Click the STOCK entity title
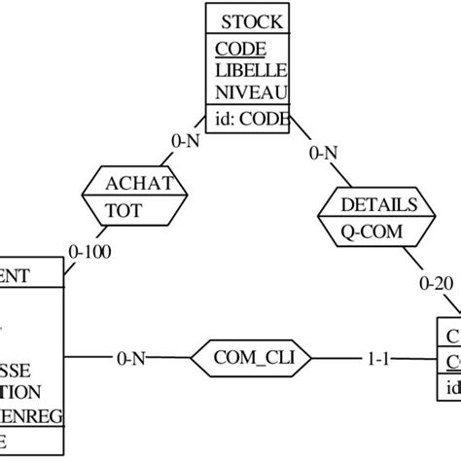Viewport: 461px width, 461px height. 251,21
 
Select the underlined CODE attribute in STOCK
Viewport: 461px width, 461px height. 240,49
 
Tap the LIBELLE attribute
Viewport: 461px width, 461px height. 252,71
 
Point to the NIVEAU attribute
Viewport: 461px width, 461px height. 252,93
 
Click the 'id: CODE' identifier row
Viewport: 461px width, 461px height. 251,120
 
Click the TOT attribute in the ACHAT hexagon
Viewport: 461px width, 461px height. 124,208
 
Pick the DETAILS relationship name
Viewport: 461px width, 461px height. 378,204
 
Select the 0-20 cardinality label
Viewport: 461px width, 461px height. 435,284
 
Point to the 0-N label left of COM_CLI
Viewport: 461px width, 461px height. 133,359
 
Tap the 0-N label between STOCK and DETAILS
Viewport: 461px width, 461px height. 325,153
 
